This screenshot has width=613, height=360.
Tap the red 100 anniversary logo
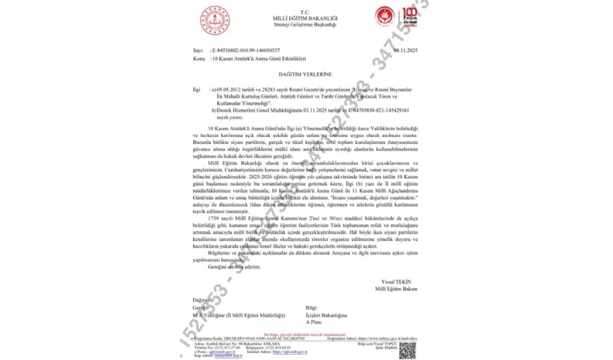coord(413,20)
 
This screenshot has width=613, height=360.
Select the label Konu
coord(199,58)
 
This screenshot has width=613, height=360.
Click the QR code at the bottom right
coord(407,350)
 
